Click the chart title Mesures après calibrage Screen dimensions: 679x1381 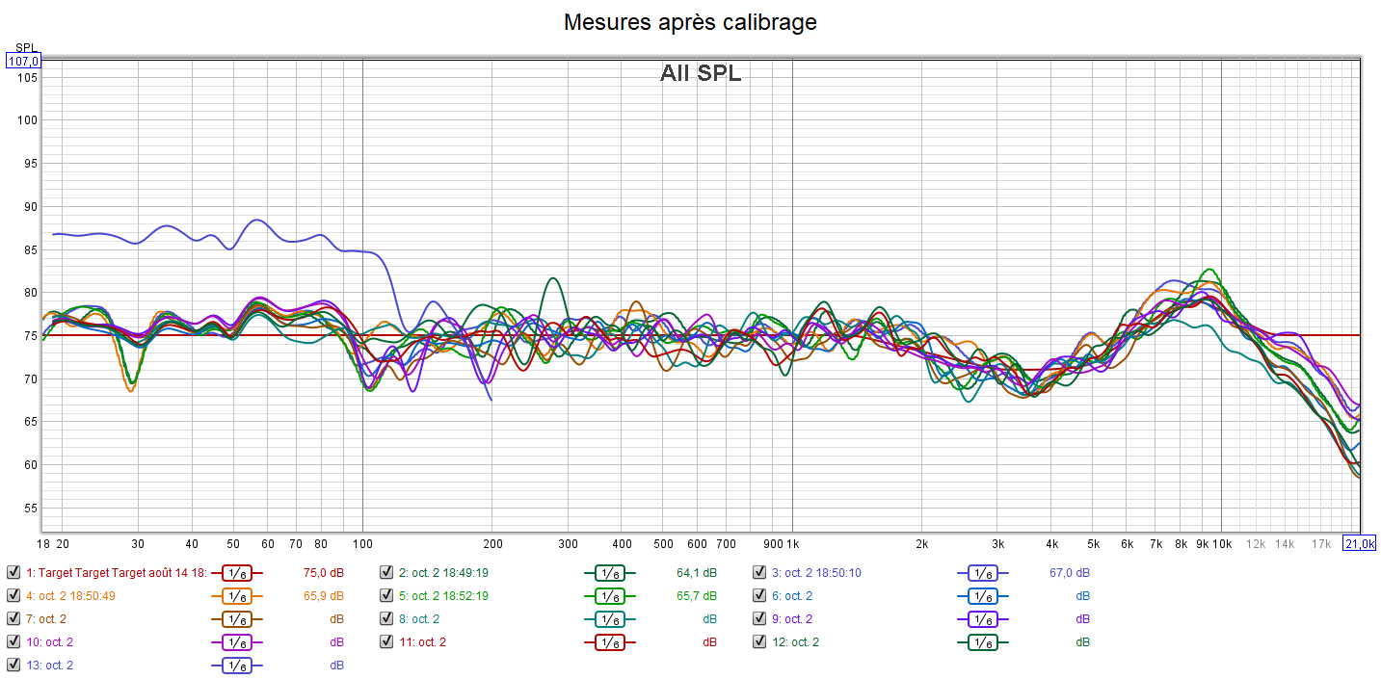pos(690,22)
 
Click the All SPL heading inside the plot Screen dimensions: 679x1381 pos(701,73)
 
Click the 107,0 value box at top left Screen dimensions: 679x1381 pos(24,62)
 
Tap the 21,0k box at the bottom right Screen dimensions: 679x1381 pos(1359,543)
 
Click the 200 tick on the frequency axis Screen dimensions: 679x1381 pos(491,544)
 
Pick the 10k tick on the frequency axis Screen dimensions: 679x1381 pos(1221,544)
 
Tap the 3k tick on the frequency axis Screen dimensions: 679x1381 pos(998,544)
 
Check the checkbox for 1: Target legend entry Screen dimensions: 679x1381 pos(13,572)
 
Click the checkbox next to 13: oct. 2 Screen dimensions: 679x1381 pos(13,665)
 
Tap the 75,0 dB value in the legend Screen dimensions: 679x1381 pos(323,572)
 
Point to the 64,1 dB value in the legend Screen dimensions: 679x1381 pos(697,572)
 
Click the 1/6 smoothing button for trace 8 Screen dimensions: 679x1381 pos(609,618)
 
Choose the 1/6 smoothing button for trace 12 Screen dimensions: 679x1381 pos(982,641)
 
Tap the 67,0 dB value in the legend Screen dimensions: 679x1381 pos(1070,572)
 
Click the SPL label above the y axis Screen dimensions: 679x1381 pos(24,47)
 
